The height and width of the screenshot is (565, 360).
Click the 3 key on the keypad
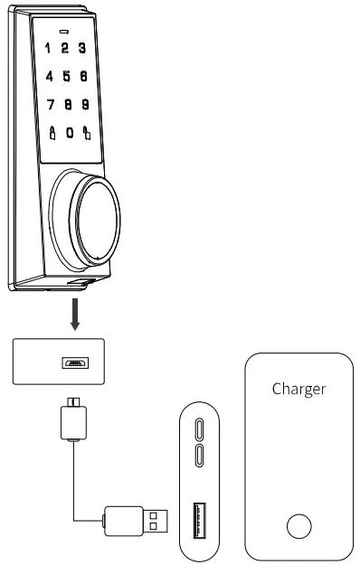(82, 47)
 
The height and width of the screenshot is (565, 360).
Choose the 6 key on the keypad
(83, 78)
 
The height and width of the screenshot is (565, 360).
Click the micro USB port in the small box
(73, 363)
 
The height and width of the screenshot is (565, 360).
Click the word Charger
(299, 391)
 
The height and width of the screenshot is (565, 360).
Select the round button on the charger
(298, 525)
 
